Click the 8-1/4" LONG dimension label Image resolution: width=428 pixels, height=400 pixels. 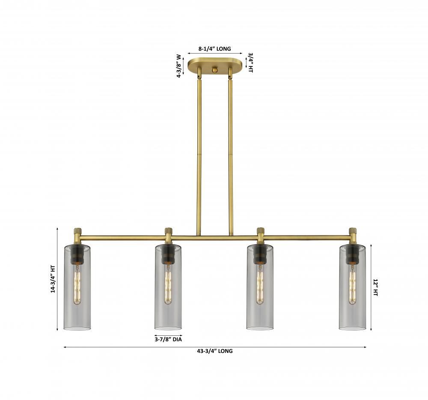pos(214,49)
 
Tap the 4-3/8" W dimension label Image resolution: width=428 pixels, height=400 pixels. pos(179,66)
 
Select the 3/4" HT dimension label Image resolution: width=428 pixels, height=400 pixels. pos(250,63)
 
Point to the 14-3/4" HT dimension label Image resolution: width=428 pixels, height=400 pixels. pos(53,279)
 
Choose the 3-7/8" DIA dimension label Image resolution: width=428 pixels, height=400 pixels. pos(168,339)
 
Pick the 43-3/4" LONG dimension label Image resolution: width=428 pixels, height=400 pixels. pos(215,351)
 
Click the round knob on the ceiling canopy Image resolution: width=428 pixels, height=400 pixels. pos(215,70)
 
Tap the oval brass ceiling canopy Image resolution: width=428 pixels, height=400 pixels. pos(215,66)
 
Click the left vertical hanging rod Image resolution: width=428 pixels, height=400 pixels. pos(199,155)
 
